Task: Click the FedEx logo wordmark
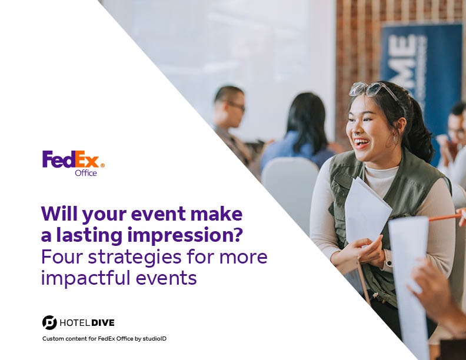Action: pyautogui.click(x=71, y=159)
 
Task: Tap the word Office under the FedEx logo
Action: pyautogui.click(x=85, y=173)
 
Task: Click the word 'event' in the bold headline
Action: pyautogui.click(x=159, y=214)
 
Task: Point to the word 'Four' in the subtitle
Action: pyautogui.click(x=62, y=256)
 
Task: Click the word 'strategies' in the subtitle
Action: pyautogui.click(x=135, y=258)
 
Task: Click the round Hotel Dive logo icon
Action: pyautogui.click(x=49, y=322)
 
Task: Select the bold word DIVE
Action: pyautogui.click(x=103, y=323)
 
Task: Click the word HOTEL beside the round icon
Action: pyautogui.click(x=75, y=323)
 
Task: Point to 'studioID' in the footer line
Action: pyautogui.click(x=155, y=339)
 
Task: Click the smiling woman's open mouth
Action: pyautogui.click(x=362, y=143)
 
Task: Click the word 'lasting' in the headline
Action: pyautogui.click(x=89, y=235)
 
